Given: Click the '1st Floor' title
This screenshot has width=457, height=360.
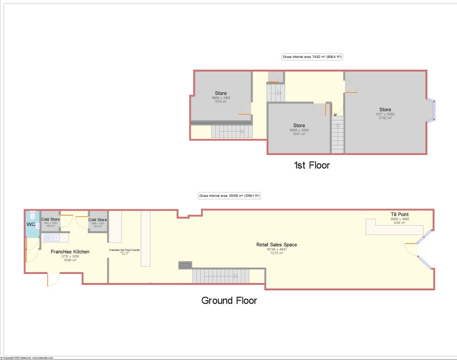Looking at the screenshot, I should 312,165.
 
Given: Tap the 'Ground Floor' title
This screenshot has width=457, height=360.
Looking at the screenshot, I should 229,300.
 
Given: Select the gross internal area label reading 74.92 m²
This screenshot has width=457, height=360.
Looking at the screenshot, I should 312,57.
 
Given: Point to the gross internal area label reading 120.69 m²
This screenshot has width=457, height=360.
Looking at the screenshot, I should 229,196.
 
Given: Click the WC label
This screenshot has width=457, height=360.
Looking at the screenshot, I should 31,224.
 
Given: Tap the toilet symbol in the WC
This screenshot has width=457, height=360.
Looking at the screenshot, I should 32,214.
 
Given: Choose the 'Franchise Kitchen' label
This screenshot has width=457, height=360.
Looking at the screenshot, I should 70,252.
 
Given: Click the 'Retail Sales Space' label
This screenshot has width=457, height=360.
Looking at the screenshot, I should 276,245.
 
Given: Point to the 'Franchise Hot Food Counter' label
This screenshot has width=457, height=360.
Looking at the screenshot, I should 125,250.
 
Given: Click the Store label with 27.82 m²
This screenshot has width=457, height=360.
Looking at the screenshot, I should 385,109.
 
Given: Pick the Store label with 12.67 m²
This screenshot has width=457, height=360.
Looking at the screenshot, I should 299,126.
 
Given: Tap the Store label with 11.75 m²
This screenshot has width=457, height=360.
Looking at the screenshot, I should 220,93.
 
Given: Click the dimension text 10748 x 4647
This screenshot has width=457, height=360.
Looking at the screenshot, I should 277,250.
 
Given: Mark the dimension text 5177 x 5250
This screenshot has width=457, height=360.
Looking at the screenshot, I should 385,114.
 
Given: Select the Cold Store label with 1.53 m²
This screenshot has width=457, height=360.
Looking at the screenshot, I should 50,219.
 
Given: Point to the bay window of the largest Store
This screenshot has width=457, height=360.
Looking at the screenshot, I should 432,110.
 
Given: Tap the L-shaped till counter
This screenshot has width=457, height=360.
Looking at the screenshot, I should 393,229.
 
